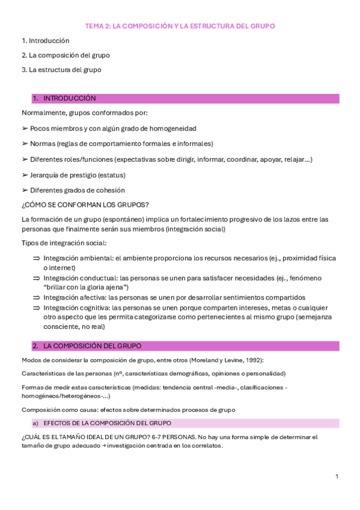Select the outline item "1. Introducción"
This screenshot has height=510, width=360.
pos(46,41)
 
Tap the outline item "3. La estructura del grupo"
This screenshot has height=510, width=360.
pos(61,70)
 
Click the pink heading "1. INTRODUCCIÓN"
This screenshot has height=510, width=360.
pos(69,98)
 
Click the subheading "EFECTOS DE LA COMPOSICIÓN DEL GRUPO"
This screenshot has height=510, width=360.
pos(108,423)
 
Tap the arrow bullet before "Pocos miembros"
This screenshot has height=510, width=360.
pos(25,129)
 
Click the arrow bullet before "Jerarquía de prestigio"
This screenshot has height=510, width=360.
pos(25,175)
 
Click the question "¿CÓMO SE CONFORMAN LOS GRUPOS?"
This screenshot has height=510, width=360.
pos(85,204)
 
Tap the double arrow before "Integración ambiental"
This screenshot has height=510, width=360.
pos(36,258)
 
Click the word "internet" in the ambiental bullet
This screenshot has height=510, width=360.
pos(63,268)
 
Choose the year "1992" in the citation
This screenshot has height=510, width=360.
pos(252,360)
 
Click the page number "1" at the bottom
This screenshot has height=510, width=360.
pos(337,476)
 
